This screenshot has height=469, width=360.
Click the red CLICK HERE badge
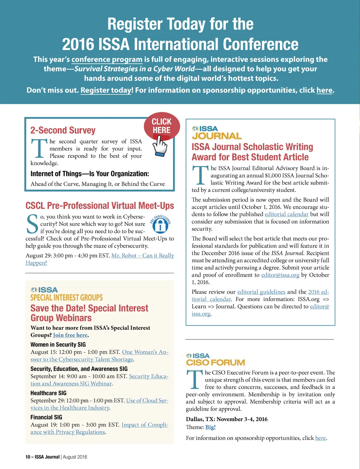point(162,126)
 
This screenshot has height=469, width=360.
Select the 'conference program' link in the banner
point(107,59)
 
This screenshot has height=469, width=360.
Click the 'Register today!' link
point(107,90)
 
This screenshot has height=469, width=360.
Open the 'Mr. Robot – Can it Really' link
point(142,256)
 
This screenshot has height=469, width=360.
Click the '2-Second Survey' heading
point(63,130)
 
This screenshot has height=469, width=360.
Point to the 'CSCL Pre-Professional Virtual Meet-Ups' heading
point(100,206)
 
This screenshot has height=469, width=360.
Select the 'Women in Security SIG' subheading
point(58,345)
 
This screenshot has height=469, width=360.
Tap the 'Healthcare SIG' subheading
point(49,393)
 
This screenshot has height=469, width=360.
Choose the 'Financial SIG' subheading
point(46,417)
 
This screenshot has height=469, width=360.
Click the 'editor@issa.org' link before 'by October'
point(280,275)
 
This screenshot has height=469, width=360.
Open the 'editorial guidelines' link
point(261,292)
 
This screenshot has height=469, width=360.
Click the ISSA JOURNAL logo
point(217,133)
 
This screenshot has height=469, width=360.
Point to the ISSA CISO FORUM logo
point(215,360)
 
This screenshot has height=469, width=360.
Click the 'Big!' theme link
point(210,427)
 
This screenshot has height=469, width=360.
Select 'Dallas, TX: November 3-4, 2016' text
point(227,419)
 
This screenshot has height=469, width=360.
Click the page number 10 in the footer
point(27,457)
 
